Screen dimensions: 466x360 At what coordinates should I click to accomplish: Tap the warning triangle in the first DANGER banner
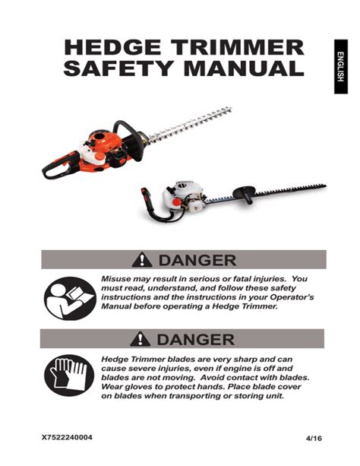point(142,261)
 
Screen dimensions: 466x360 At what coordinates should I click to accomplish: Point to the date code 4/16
point(313,439)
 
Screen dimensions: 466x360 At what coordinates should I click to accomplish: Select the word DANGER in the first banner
point(194,261)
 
